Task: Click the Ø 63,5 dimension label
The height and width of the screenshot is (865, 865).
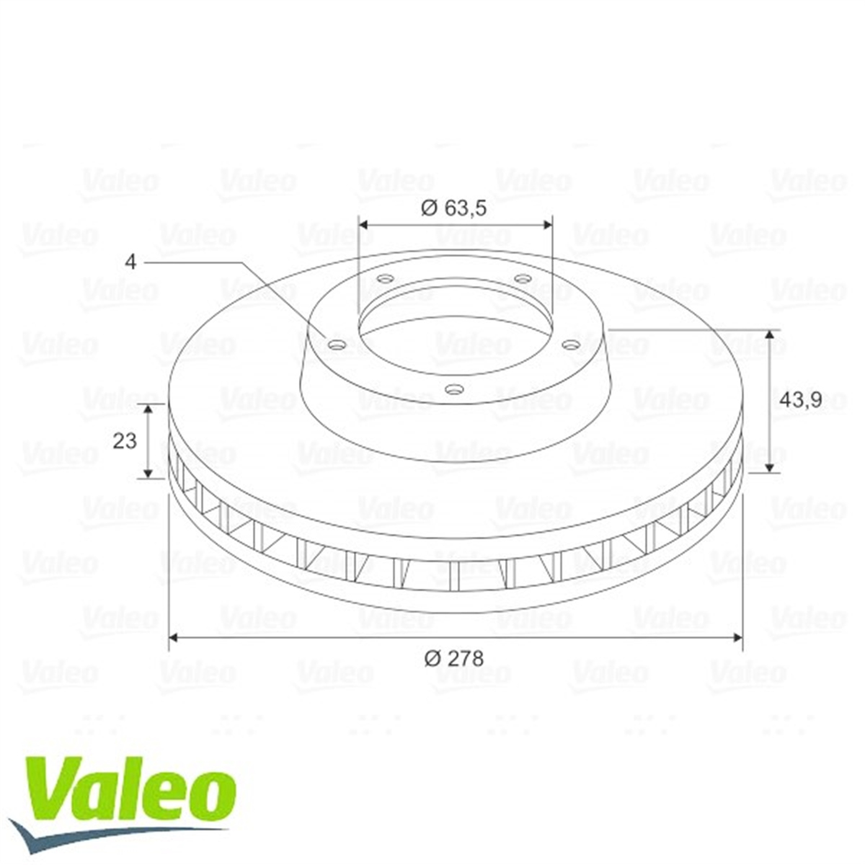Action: point(454,209)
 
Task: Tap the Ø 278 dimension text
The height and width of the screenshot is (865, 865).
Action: point(454,659)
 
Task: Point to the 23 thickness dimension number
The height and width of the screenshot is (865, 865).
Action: point(124,441)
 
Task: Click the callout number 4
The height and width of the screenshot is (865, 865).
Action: point(130,262)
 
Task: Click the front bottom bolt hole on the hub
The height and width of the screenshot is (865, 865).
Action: point(455,389)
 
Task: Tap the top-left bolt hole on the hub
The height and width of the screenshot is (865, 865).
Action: point(385,279)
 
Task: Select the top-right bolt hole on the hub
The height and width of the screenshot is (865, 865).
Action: point(523,279)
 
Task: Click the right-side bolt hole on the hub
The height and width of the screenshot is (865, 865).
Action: point(572,344)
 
